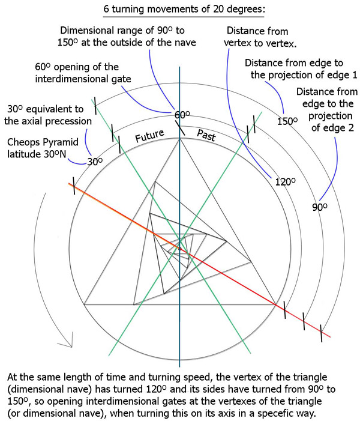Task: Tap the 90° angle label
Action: (321, 208)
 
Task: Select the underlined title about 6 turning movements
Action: (179, 10)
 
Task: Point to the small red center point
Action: (179, 249)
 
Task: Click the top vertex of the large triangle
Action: (179, 139)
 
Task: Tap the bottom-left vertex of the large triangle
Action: (85, 303)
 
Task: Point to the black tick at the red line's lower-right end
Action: (323, 330)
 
